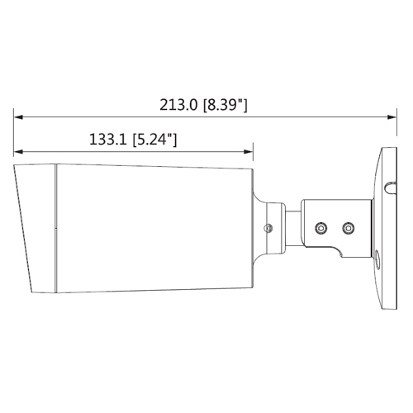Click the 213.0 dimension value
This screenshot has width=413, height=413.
tap(178, 105)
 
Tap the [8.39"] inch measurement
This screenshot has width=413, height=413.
tap(225, 105)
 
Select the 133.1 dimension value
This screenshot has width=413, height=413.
tap(108, 140)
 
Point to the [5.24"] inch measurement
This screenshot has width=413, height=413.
tap(154, 140)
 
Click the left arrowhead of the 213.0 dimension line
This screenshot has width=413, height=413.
tap(18, 117)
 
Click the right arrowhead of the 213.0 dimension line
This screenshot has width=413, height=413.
tap(392, 117)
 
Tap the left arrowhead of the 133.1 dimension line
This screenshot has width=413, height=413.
tap(18, 152)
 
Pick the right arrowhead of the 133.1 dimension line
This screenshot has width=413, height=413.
tap(249, 152)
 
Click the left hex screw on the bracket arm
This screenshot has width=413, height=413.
tap(320, 228)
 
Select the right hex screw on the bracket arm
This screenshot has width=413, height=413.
tap(349, 228)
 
